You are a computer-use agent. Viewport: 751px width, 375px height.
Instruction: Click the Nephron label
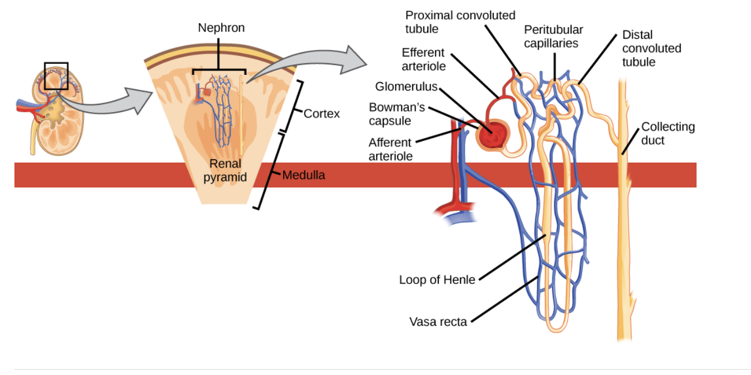221,28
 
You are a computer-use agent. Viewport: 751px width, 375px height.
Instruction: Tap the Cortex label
322,114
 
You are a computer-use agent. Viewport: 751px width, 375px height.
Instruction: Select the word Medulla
303,176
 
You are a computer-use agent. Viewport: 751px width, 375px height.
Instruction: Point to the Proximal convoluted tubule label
460,22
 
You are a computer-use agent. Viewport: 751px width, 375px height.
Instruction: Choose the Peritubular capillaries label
553,36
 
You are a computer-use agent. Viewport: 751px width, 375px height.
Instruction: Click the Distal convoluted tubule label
651,48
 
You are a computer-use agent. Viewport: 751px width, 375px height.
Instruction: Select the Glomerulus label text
406,87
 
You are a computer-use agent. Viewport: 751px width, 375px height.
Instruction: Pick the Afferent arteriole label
390,149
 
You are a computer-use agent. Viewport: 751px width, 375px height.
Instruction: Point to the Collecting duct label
668,134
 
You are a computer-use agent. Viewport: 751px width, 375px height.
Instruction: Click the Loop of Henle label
437,280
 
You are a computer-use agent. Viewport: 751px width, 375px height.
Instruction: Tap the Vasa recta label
438,321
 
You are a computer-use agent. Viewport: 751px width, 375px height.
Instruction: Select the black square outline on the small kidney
56,76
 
